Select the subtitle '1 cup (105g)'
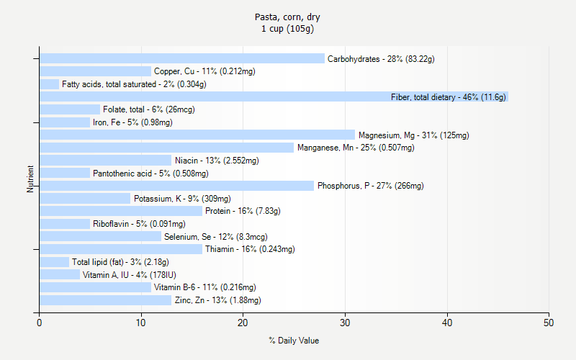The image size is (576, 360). (288, 29)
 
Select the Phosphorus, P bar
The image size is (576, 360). (176, 186)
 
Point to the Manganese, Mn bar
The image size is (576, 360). (166, 148)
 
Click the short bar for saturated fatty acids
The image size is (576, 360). (49, 84)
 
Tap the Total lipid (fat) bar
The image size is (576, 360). (54, 262)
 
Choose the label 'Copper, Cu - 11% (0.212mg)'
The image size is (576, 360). (204, 71)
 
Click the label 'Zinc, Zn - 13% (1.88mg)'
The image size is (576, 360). (217, 300)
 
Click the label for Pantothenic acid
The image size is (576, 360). (150, 173)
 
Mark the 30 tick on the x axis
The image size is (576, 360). (345, 323)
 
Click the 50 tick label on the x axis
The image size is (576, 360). (549, 323)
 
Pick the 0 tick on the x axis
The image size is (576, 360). (39, 323)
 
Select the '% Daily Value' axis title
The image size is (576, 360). (294, 341)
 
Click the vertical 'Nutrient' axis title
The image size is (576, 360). (30, 179)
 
